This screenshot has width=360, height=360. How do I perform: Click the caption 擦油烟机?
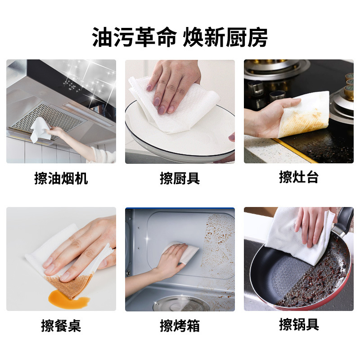click(x=61, y=179)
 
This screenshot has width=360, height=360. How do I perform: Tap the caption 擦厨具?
click(x=180, y=179)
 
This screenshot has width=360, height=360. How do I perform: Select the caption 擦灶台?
click(x=298, y=177)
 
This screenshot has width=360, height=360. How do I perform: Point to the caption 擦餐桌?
click(x=61, y=325)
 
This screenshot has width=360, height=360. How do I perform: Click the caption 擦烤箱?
click(x=180, y=325)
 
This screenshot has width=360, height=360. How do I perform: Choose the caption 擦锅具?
click(x=298, y=324)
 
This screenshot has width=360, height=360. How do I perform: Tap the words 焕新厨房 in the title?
click(x=225, y=37)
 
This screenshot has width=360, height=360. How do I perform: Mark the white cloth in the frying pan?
click(x=297, y=234)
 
